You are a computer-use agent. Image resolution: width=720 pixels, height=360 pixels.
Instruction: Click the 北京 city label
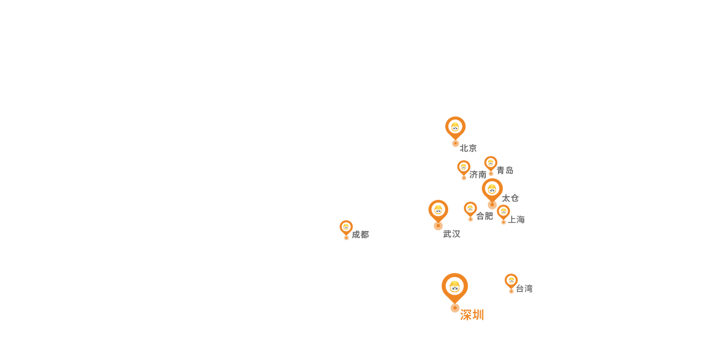pos(468,148)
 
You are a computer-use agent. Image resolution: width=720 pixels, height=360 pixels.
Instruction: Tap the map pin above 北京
pos(455,128)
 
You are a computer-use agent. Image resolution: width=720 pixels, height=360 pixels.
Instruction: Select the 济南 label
pos(478,175)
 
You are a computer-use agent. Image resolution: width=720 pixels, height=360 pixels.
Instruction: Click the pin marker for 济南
pos(463,168)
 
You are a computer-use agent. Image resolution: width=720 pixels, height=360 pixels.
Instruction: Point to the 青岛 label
pos(505,170)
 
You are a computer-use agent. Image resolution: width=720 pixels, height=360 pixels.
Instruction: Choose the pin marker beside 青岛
pos(491,164)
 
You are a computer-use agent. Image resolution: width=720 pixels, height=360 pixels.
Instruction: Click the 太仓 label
pos(510,198)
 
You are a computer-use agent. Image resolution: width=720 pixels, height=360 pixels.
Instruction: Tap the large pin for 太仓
pos(492,190)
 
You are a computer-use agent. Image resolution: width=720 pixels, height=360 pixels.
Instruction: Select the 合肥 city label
pos(484,216)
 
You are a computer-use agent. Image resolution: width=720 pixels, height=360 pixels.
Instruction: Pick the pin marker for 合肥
pos(470,209)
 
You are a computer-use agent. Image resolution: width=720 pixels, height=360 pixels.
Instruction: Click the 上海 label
pos(516,220)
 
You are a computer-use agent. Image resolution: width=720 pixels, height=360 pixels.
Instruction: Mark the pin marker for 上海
pos(503,212)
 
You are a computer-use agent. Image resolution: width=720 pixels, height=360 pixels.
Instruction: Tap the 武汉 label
pos(452,234)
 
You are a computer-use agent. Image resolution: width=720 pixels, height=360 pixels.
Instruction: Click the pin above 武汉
pos(438,211)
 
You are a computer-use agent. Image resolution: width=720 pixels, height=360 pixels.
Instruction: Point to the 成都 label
pos(361,235)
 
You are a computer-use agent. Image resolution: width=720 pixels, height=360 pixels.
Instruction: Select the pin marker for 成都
pos(346,228)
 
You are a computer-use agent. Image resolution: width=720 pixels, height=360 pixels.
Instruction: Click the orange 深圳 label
pos(472,315)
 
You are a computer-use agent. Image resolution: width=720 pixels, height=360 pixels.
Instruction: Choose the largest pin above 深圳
pos(455,287)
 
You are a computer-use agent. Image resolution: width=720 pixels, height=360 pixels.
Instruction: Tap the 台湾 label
pos(524,289)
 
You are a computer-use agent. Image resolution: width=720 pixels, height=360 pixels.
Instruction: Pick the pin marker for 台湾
pos(511,281)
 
